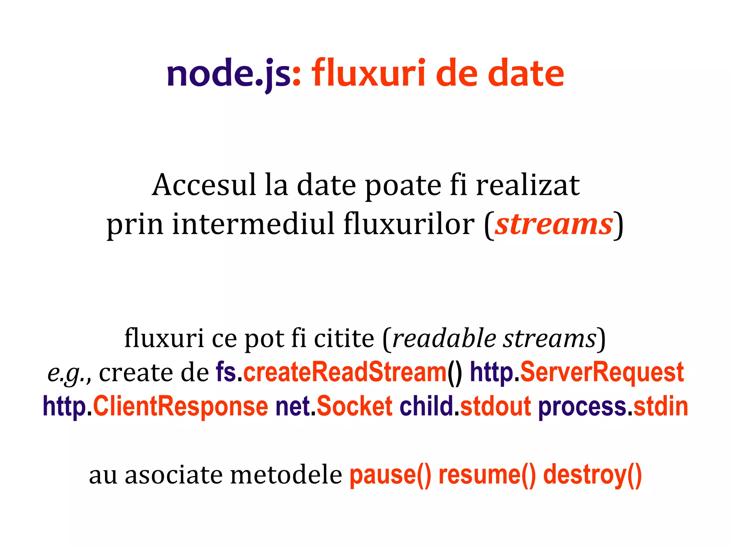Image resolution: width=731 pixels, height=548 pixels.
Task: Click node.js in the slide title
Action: [228, 73]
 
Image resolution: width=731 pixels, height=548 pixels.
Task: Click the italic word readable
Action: [444, 338]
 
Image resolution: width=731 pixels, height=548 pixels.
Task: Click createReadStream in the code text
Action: [345, 372]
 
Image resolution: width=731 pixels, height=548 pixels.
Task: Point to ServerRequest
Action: [602, 372]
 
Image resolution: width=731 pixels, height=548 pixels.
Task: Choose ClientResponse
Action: [180, 406]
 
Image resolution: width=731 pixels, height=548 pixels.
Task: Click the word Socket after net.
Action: [354, 406]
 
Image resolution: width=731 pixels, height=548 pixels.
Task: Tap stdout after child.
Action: [495, 406]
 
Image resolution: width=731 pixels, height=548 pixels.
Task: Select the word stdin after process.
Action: [661, 406]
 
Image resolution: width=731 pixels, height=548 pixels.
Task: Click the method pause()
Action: [390, 475]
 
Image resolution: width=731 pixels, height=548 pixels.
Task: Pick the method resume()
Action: [487, 475]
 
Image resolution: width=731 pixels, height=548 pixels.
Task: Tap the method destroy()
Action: [593, 475]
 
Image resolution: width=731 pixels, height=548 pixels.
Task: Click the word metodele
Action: [286, 475]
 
